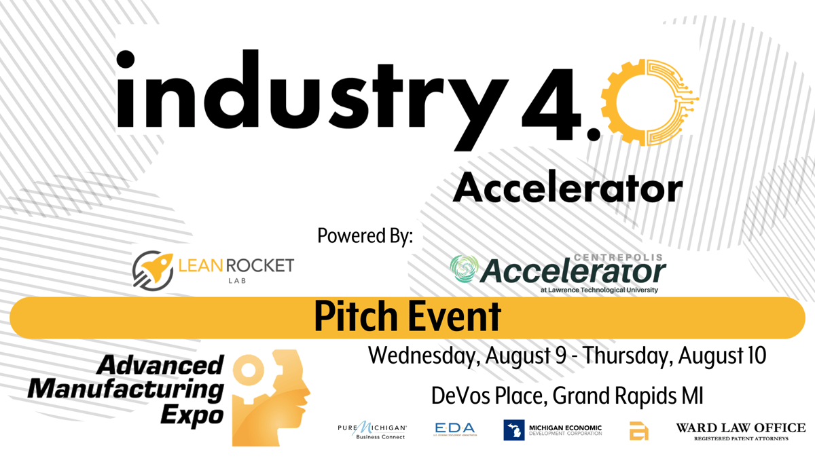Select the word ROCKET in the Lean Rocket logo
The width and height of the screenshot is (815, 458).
[260, 265]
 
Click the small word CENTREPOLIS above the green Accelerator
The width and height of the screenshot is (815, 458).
[619, 258]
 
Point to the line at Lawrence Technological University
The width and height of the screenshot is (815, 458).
[599, 290]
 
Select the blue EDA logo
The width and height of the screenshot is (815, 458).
[454, 430]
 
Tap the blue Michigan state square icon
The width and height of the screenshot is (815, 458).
[513, 430]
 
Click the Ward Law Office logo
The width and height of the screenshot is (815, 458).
[740, 430]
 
